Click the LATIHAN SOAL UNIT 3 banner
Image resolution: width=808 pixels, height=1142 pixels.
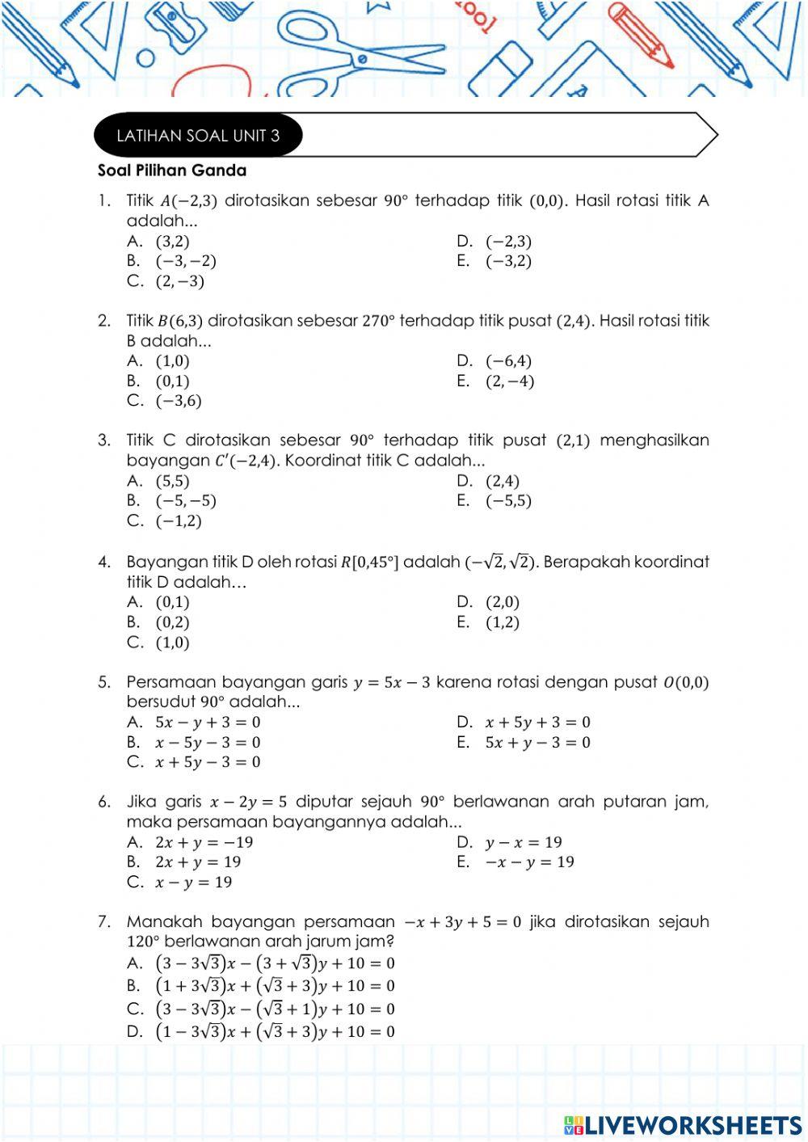click(x=198, y=136)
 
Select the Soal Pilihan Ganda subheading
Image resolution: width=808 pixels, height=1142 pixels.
click(x=172, y=171)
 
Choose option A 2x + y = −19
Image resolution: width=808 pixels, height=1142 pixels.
click(x=204, y=842)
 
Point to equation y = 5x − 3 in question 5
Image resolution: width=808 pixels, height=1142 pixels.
click(x=392, y=682)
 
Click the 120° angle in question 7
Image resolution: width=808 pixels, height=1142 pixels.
click(x=145, y=942)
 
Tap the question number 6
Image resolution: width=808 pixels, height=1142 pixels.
click(x=104, y=802)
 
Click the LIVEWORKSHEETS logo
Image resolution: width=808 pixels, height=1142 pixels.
click(x=683, y=1125)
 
